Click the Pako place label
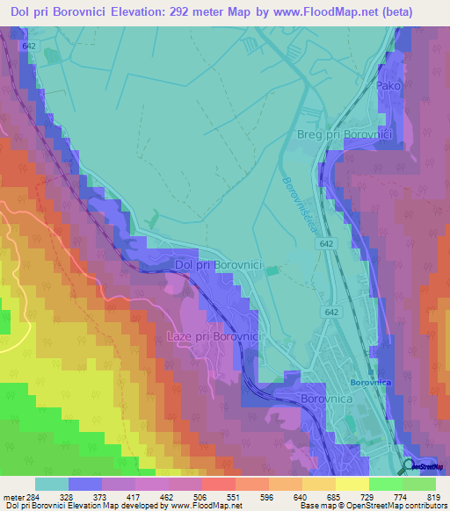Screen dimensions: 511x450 pos(388,87)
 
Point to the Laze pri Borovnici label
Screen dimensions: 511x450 pos(210,336)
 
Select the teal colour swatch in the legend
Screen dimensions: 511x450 pos(51,484)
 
